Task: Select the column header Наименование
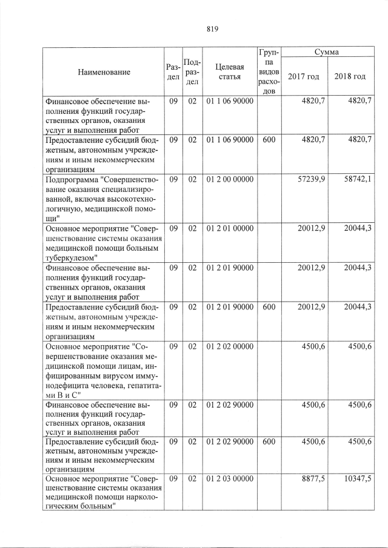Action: click(x=104, y=73)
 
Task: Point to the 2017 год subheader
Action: click(x=304, y=76)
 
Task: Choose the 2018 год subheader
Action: click(x=350, y=76)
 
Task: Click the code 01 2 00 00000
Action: click(x=230, y=180)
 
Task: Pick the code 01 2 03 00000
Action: click(x=230, y=480)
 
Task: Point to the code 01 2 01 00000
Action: click(x=230, y=228)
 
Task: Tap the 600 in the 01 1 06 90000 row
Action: click(x=269, y=140)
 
